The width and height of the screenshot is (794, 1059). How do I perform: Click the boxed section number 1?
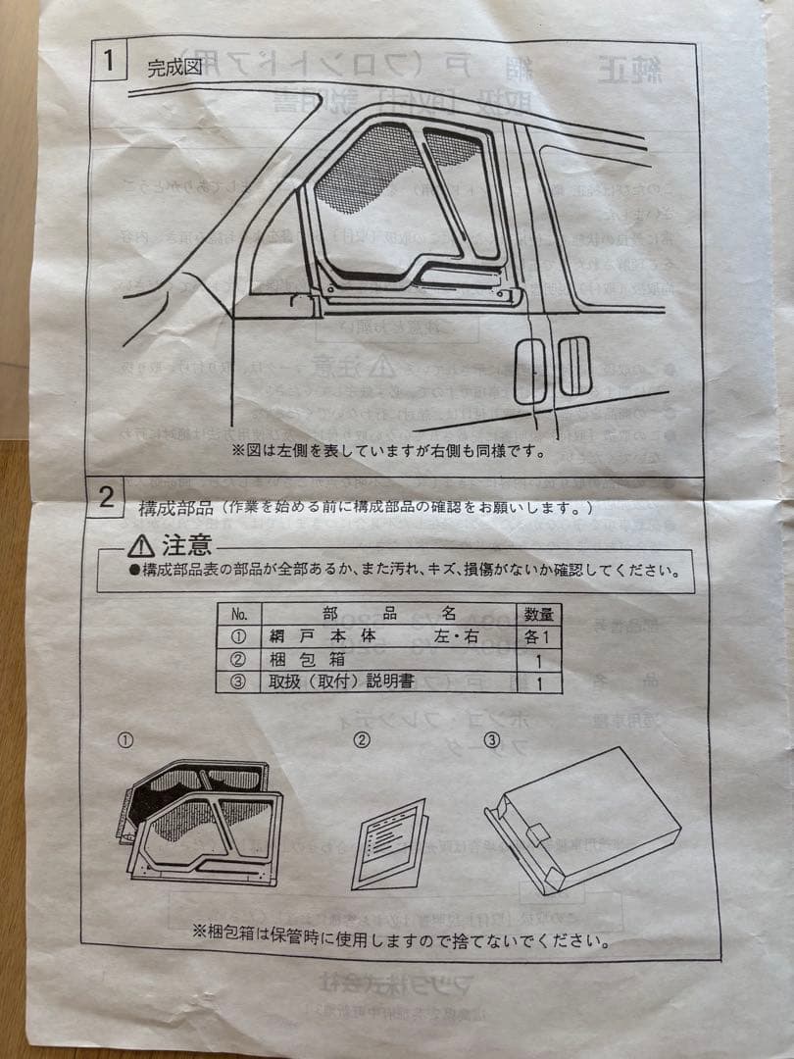[111, 61]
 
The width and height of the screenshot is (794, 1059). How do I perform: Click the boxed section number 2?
[107, 497]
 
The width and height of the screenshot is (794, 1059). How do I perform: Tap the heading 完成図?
[174, 69]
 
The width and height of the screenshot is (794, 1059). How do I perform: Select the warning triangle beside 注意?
[141, 546]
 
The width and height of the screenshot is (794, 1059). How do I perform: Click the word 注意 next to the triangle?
[186, 545]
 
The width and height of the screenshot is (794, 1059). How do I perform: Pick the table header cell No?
[238, 615]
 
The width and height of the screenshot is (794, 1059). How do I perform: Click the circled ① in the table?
[238, 637]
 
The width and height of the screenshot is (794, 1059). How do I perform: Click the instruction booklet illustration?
[390, 843]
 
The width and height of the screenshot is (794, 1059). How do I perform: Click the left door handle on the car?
[529, 373]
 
